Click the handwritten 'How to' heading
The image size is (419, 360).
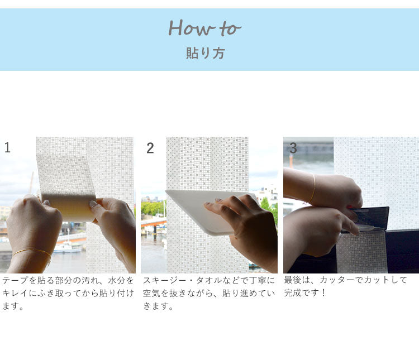coord(204,28)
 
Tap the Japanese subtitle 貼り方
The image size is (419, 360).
coord(205,53)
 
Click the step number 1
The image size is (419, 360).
coord(7,147)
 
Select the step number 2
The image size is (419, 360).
coord(150,148)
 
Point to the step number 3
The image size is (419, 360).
coord(293,148)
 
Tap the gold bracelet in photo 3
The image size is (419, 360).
coord(312,188)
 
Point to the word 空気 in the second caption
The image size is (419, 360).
coord(151,293)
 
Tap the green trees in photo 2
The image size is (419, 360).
coord(151,208)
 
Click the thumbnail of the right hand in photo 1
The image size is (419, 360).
coord(93,204)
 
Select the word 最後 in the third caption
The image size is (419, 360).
coord(293,280)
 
